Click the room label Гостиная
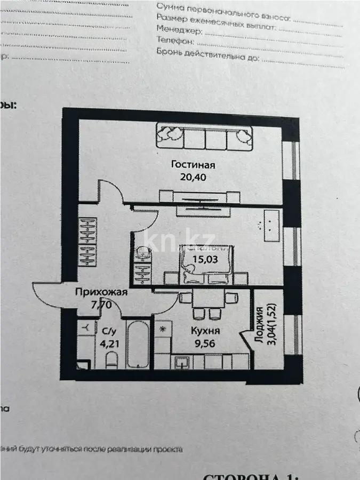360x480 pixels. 186,164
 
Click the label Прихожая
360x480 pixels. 101,292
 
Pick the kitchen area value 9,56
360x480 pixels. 205,343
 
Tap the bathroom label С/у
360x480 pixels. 107,331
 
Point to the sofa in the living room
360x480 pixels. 205,136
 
